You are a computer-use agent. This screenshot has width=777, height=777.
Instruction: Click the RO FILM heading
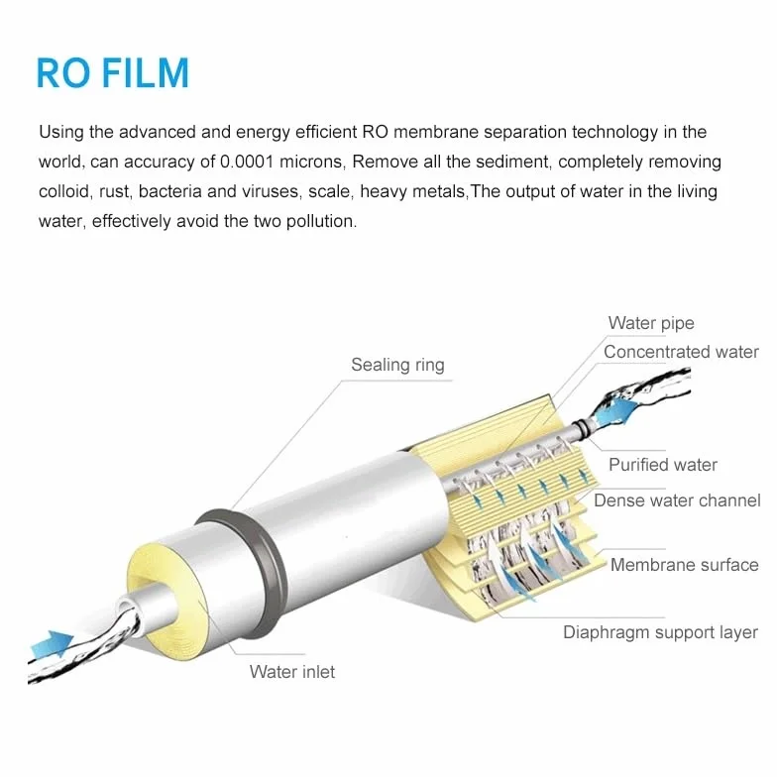pyautogui.click(x=113, y=73)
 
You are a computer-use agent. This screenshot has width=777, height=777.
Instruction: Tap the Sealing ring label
pyautogui.click(x=398, y=365)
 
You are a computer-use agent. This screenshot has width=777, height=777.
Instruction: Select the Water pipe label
pyautogui.click(x=651, y=323)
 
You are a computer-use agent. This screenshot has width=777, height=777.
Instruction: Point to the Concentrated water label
pyautogui.click(x=681, y=352)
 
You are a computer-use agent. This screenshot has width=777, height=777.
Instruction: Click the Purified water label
pyautogui.click(x=663, y=465)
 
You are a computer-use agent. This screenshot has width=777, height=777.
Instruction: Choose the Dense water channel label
pyautogui.click(x=677, y=500)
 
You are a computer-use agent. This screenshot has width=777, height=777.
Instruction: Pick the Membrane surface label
pyautogui.click(x=684, y=565)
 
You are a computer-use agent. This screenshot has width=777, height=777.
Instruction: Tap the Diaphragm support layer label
pyautogui.click(x=660, y=632)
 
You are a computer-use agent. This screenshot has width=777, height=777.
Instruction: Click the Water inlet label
pyautogui.click(x=292, y=672)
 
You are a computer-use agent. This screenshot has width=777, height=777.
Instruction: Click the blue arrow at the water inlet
pyautogui.click(x=53, y=643)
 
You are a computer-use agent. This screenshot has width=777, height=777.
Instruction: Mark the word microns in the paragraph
pyautogui.click(x=311, y=163)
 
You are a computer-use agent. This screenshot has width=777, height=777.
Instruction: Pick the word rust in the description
pyautogui.click(x=115, y=192)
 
